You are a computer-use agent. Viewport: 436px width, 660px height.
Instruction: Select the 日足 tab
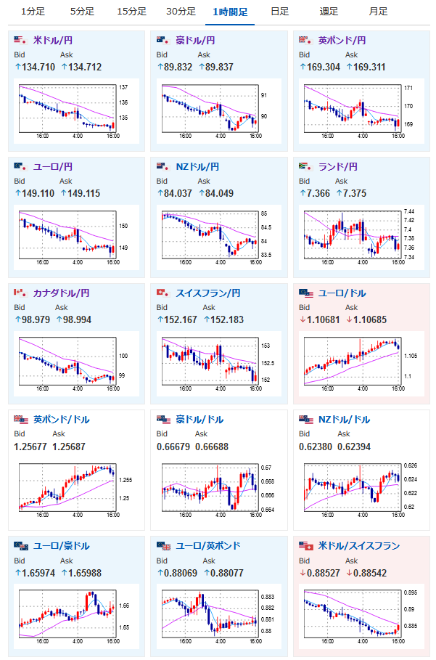(279, 12)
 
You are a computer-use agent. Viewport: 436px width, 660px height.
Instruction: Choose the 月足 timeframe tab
(378, 12)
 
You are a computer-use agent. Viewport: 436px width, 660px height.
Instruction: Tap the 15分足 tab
(131, 12)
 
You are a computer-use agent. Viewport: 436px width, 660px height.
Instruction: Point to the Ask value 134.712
(82, 67)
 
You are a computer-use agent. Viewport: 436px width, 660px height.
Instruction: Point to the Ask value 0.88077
(223, 572)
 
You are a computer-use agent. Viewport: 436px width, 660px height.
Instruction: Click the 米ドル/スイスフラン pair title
(359, 545)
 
